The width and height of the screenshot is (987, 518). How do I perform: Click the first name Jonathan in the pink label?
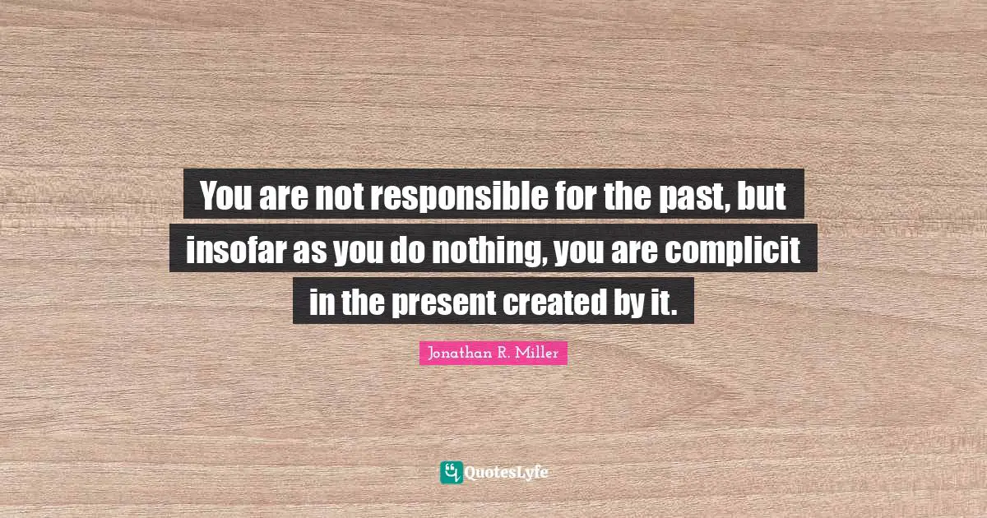pos(456,354)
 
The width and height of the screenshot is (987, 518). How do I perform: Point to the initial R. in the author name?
pos(503,354)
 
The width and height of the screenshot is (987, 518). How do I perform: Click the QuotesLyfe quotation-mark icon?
pos(451,472)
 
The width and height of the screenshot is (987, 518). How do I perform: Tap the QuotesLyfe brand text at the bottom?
pos(506,473)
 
